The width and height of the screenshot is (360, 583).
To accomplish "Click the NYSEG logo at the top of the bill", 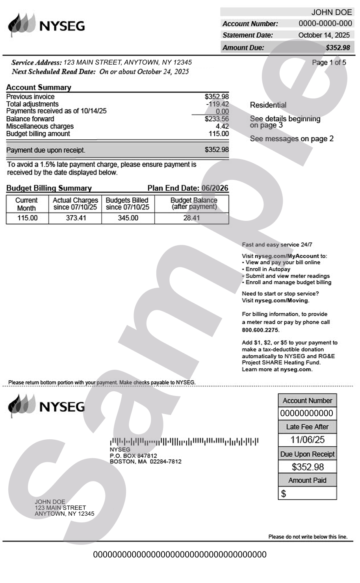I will click(x=46, y=25).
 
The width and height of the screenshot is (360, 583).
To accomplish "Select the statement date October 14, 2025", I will click(x=324, y=35).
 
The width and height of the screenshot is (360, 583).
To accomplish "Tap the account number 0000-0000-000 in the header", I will click(x=325, y=24).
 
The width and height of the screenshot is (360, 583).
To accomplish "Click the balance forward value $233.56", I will click(x=217, y=119).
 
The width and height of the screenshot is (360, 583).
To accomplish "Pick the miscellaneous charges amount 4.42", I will click(x=222, y=126).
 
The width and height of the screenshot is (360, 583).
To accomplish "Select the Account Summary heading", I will click(x=39, y=87).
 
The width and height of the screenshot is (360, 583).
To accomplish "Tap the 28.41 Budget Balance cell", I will click(x=191, y=218).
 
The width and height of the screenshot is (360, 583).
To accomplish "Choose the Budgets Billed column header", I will click(x=128, y=204).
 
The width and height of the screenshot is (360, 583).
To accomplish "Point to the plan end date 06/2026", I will click(x=215, y=188).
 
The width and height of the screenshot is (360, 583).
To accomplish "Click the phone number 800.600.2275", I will click(x=260, y=330).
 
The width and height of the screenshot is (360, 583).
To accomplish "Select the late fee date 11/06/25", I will click(x=307, y=440).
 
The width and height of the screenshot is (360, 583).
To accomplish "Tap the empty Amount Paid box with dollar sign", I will click(x=307, y=493).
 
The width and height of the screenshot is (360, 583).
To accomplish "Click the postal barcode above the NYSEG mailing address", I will click(x=184, y=441).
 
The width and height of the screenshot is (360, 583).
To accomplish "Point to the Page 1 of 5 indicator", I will click(x=329, y=63).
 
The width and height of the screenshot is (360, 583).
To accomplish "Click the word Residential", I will click(x=268, y=105).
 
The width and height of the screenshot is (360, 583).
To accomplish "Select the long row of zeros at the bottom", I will click(x=180, y=555).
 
